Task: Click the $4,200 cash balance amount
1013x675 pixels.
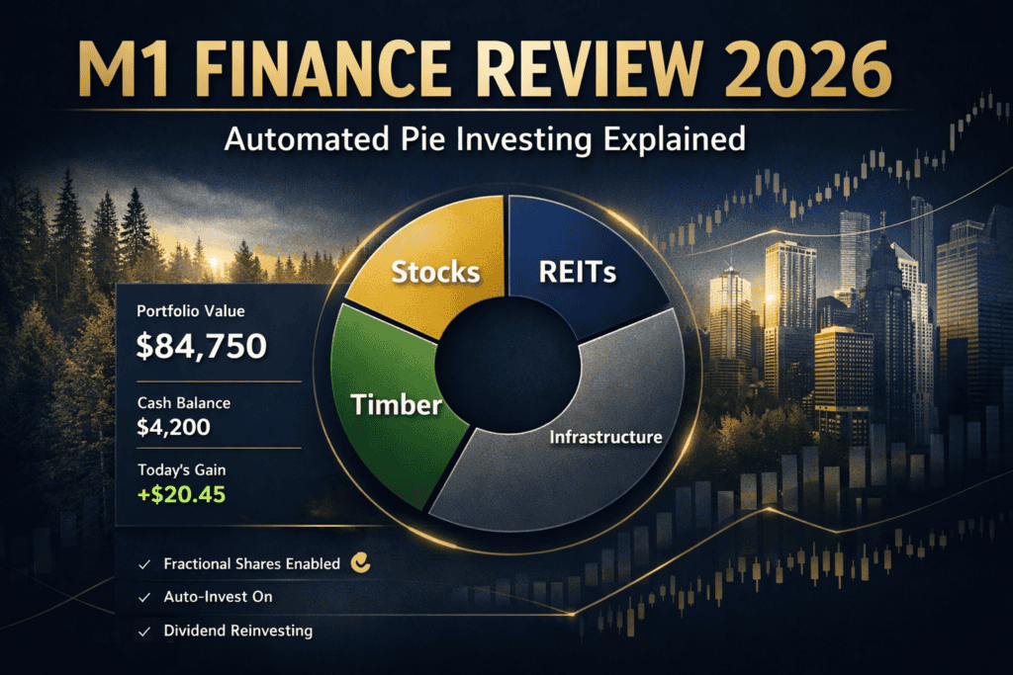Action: tap(176, 429)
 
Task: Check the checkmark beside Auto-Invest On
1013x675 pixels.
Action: tap(143, 598)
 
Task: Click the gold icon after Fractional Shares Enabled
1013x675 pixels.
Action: tap(362, 563)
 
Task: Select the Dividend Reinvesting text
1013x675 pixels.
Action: tap(237, 631)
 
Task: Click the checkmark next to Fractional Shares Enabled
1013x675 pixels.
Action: tap(143, 564)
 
